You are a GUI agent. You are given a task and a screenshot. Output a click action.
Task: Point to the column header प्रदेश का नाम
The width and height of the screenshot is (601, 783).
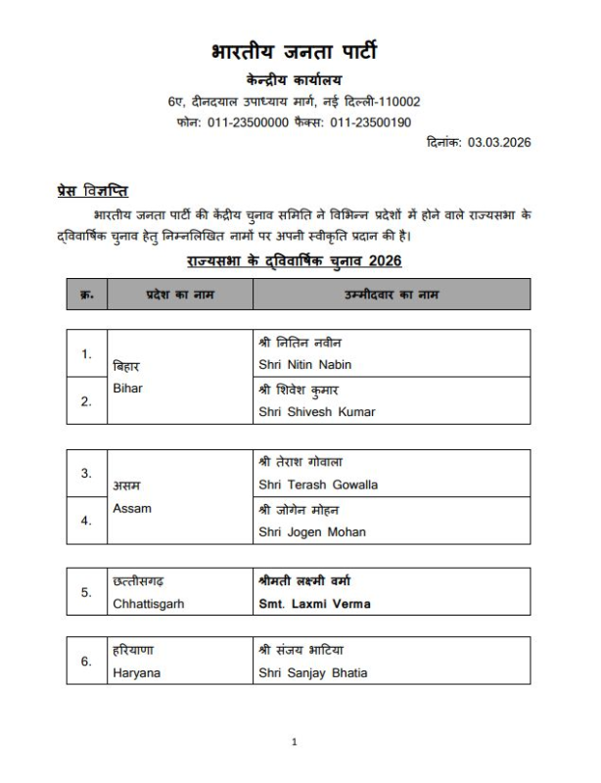(180, 295)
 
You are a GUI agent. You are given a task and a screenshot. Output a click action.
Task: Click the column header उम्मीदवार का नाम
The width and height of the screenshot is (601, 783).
(391, 295)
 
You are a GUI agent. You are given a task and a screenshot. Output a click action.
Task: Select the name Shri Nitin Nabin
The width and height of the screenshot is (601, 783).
(304, 365)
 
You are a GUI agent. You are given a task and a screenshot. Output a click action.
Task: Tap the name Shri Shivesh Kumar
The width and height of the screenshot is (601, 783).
(316, 412)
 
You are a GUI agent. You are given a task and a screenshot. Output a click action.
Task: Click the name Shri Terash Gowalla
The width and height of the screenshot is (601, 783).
(318, 484)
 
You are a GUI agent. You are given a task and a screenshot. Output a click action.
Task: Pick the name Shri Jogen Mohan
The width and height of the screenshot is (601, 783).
(312, 531)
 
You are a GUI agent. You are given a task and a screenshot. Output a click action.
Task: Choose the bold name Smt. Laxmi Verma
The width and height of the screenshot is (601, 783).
(314, 604)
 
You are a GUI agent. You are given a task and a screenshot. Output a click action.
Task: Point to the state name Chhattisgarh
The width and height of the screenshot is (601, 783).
(149, 604)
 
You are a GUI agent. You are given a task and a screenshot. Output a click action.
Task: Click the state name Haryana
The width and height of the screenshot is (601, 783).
(136, 672)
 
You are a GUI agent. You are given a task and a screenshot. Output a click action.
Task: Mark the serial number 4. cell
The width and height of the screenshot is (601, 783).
(86, 521)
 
